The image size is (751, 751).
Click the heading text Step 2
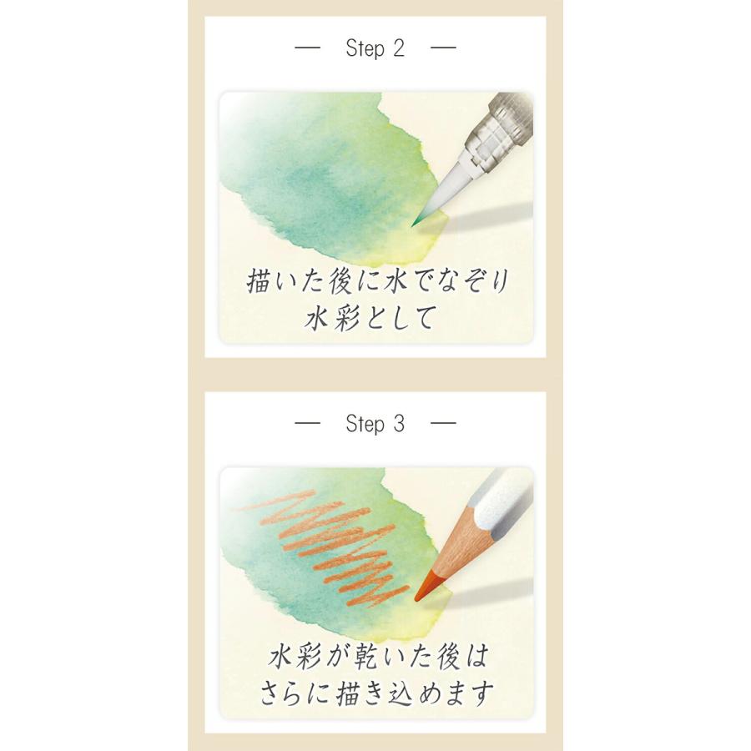[x=375, y=48]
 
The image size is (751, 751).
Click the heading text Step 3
[x=375, y=424]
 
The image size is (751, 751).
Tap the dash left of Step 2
[x=308, y=48]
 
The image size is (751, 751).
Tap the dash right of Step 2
[x=443, y=48]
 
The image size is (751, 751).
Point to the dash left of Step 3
[x=308, y=424]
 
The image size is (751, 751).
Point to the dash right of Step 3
[x=443, y=424]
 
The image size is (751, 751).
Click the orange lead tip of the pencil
[x=421, y=588]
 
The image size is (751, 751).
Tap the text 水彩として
[x=375, y=319]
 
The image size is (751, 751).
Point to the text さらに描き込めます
[x=375, y=693]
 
